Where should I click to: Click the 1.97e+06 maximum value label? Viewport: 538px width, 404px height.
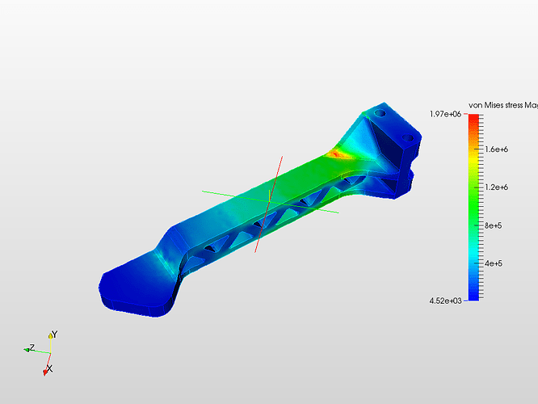(445, 114)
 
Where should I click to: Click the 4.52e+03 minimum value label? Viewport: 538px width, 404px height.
(445, 301)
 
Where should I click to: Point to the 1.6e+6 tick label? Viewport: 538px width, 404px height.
(496, 149)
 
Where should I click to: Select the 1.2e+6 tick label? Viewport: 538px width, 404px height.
(496, 187)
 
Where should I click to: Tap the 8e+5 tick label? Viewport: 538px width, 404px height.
(493, 225)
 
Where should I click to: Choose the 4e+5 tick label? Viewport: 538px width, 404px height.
(494, 263)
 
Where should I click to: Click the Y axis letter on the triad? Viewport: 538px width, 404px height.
(55, 335)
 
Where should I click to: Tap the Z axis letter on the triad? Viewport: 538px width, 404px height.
(32, 347)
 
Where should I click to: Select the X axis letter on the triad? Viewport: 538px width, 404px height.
(50, 369)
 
